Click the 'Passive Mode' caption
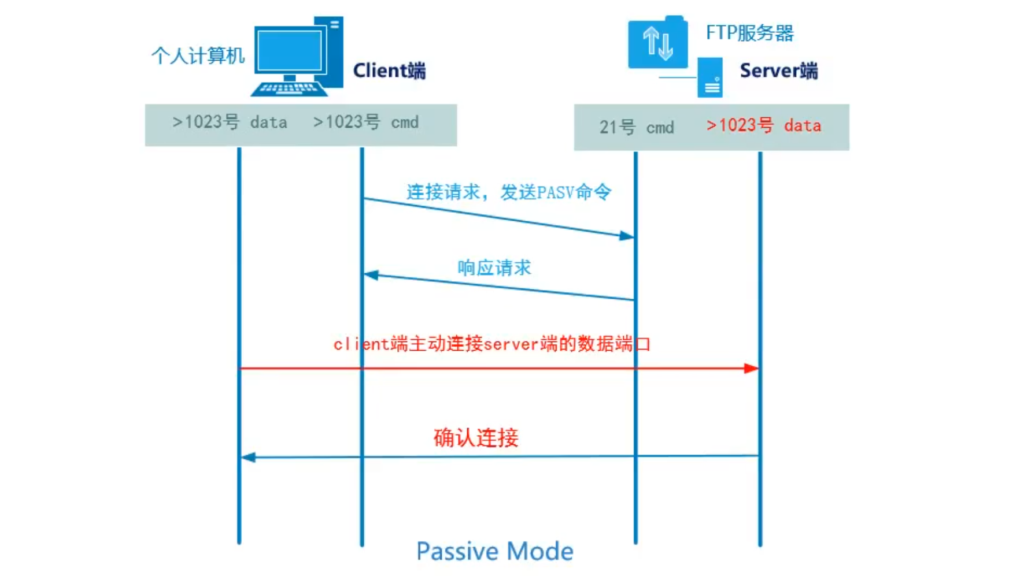click(x=494, y=552)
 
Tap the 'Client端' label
click(x=389, y=70)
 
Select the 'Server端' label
click(x=778, y=70)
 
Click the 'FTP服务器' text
click(x=749, y=33)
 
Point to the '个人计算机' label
click(x=198, y=56)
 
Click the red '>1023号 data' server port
click(x=763, y=125)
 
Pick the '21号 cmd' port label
click(x=636, y=127)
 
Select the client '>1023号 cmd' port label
click(x=365, y=122)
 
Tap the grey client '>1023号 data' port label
click(x=230, y=122)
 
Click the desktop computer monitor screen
click(x=290, y=50)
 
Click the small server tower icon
click(x=710, y=77)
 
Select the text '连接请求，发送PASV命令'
click(x=508, y=192)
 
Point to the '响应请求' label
click(x=494, y=267)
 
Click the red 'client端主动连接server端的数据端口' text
click(x=491, y=344)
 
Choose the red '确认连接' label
click(x=475, y=438)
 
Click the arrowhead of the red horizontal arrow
click(x=751, y=368)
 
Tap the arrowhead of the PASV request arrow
click(x=627, y=236)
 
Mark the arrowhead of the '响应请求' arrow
click(x=371, y=275)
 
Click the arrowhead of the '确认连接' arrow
click(x=248, y=458)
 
